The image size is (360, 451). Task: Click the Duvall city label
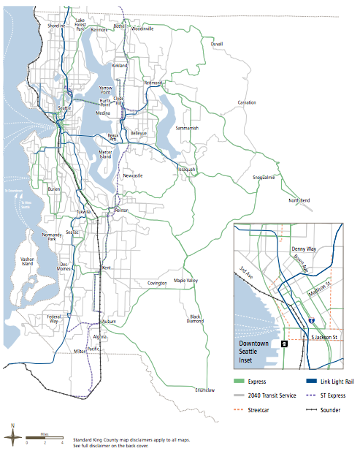[217, 44]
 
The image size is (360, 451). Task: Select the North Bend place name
[299, 200]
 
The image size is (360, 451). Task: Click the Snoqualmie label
[264, 177]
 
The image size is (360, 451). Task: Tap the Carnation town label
[246, 102]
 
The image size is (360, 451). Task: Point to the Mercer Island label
[105, 154]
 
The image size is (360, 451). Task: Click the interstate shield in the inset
[311, 321]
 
